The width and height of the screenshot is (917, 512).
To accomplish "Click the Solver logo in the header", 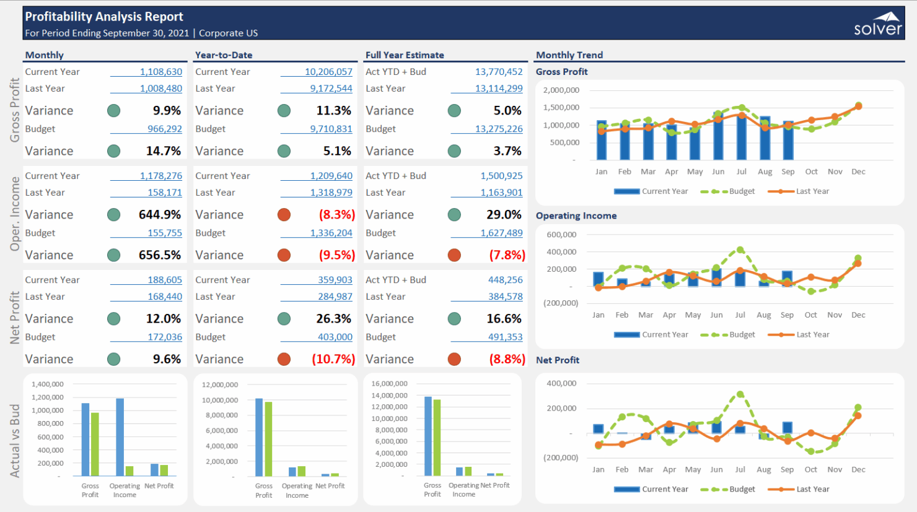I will tap(878, 24).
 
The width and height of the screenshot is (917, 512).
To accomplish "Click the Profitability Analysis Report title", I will tap(104, 17).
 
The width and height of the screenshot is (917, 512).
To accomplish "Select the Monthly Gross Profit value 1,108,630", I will tap(160, 72).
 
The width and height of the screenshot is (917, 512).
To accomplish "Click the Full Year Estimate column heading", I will tap(405, 55).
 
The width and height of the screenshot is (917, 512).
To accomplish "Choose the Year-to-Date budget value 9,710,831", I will tap(331, 129).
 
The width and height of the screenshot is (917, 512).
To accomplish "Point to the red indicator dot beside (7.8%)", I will tap(454, 255).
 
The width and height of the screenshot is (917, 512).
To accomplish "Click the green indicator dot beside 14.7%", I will tap(113, 151).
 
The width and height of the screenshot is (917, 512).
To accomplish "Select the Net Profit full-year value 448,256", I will tap(505, 280).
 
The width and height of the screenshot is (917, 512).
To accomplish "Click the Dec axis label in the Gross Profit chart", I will tap(858, 171).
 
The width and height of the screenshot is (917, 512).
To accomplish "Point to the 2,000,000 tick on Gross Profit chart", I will tap(561, 90).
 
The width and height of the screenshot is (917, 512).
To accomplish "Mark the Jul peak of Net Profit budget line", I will tap(740, 394).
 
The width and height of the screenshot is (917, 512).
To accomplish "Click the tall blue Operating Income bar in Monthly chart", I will tap(120, 437).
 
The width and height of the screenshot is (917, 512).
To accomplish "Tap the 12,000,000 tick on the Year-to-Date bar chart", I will tap(219, 385).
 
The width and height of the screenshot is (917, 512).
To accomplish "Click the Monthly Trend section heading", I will tap(569, 55).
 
